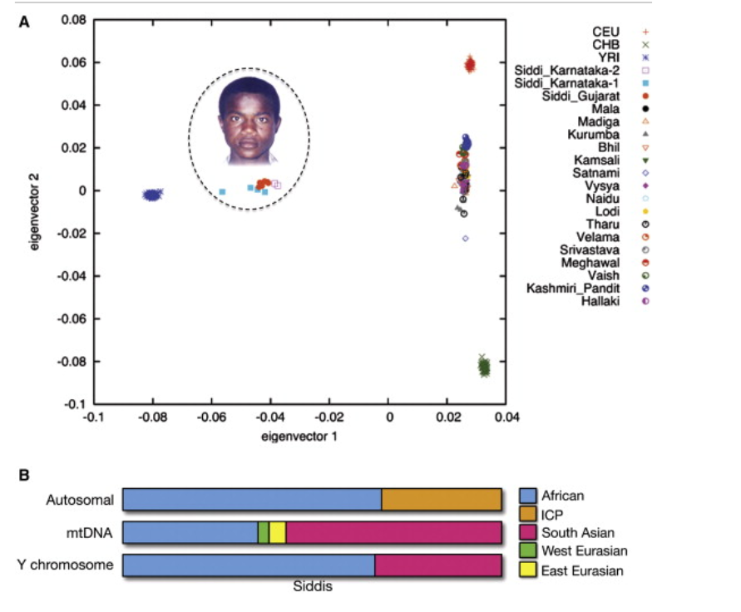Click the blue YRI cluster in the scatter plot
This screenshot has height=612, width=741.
tap(152, 195)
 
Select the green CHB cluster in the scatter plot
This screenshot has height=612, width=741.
tap(484, 366)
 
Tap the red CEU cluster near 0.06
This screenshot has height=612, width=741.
tap(470, 64)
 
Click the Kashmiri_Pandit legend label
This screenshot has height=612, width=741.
tap(573, 289)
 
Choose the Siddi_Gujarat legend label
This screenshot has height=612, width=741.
tap(580, 96)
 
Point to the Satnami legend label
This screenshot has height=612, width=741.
tap(596, 173)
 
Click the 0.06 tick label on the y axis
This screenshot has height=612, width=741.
tap(73, 62)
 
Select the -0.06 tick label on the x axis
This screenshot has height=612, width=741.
tap(211, 417)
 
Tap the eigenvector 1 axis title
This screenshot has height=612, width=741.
tap(299, 437)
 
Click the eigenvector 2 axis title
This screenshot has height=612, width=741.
tap(34, 212)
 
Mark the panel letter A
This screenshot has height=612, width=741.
tap(23, 22)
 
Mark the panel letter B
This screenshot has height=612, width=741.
tap(23, 475)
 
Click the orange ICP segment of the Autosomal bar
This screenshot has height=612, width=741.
tap(442, 500)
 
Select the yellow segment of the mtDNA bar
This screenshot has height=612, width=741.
tap(278, 533)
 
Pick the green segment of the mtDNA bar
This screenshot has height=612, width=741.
tap(264, 533)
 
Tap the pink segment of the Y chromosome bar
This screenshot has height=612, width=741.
tap(438, 565)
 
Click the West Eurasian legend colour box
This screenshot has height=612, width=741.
tap(528, 550)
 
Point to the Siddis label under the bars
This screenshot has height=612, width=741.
tap(313, 586)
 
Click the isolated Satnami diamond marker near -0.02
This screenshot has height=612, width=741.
tap(466, 239)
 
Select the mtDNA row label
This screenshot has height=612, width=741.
tap(89, 533)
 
